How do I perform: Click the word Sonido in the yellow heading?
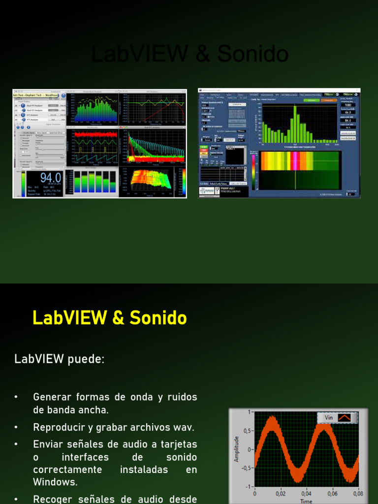[158, 318]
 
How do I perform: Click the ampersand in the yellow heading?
[118, 318]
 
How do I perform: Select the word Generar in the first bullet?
[52, 397]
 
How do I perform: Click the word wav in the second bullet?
[183, 427]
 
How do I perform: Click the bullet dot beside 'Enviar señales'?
[16, 444]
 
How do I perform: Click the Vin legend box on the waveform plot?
[338, 418]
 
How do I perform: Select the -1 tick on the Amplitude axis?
[249, 486]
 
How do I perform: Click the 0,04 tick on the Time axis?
[306, 493]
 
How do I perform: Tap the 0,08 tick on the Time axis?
[357, 493]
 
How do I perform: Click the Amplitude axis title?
[237, 449]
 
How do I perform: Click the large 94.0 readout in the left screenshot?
[51, 178]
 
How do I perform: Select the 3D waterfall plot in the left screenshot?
[151, 180]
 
